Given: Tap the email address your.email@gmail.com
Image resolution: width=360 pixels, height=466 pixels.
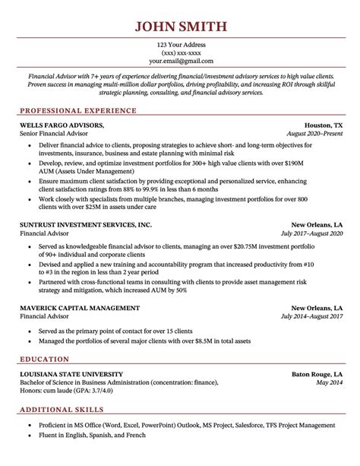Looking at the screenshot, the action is pos(180,60).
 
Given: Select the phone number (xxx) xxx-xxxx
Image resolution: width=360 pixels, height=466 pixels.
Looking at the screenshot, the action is pos(180,52).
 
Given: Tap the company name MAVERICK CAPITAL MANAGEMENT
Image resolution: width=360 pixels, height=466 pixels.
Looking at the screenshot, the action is pos(79,287).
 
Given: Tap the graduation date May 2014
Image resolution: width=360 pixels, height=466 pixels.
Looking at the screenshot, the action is pos(328,363).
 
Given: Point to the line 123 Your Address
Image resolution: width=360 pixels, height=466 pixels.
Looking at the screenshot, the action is pos(180,43).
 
